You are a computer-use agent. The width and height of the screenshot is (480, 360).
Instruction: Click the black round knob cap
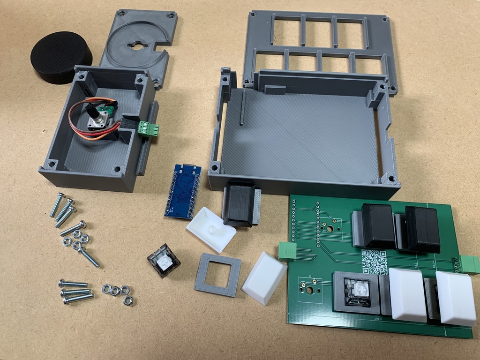(x=61, y=57)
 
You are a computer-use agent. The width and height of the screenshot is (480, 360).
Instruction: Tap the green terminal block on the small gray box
(x=148, y=128)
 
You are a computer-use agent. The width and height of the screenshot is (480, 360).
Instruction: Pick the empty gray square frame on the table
(x=218, y=274)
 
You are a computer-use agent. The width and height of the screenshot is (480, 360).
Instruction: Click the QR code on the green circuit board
(x=373, y=260)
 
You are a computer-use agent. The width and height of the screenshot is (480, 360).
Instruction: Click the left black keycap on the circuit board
(x=378, y=225)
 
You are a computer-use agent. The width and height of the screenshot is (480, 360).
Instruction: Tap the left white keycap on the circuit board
(x=408, y=295)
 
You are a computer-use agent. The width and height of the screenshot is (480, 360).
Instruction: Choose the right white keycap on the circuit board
(x=456, y=298)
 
